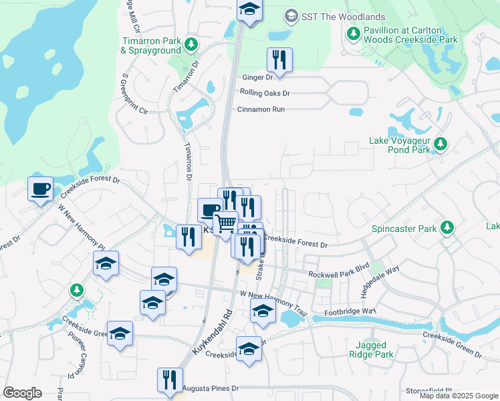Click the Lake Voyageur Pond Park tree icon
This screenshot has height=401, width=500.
[x=441, y=144]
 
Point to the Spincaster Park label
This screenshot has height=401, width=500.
[x=404, y=229]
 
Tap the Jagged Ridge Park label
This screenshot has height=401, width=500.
[x=370, y=350]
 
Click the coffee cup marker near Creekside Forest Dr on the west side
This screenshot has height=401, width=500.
[x=40, y=188]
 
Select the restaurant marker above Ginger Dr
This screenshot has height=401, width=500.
[x=279, y=60]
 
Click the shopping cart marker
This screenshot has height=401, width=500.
[x=227, y=223]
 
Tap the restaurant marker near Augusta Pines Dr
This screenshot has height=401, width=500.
[x=170, y=380]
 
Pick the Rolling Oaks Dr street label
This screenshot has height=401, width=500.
[x=265, y=94]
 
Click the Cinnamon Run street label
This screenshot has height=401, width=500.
[x=261, y=109]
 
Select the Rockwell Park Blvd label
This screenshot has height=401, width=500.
[x=338, y=275]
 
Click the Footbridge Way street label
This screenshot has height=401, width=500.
[x=352, y=311]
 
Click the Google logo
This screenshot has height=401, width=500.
[x=22, y=393]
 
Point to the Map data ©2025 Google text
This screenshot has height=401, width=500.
[x=459, y=396]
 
